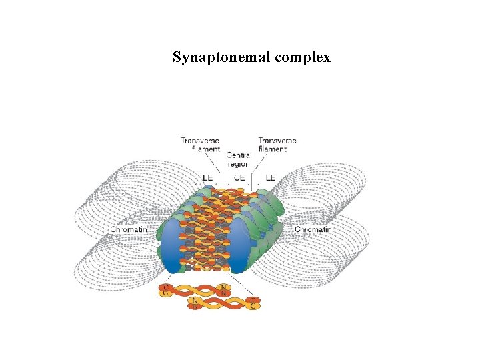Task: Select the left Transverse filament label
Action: click(201, 145)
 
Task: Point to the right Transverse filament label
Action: click(277, 145)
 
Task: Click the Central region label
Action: click(239, 159)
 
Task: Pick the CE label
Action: click(239, 177)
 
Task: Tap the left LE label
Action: click(208, 177)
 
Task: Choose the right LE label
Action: click(270, 177)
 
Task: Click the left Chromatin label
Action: click(128, 230)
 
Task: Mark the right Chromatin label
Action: click(312, 230)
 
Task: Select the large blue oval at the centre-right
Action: click(237, 247)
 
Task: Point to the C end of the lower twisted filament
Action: click(253, 305)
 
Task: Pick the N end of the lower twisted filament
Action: click(195, 304)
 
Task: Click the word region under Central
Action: click(239, 164)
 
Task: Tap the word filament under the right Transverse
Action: click(273, 149)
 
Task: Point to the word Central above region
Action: click(239, 155)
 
